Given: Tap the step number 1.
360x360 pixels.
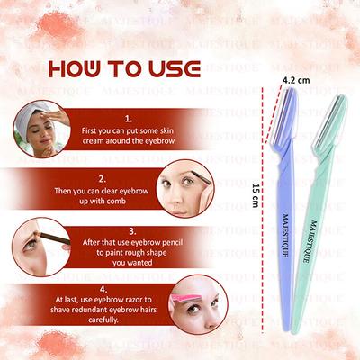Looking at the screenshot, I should click(x=129, y=118).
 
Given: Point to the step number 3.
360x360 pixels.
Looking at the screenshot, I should click(x=131, y=230).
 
